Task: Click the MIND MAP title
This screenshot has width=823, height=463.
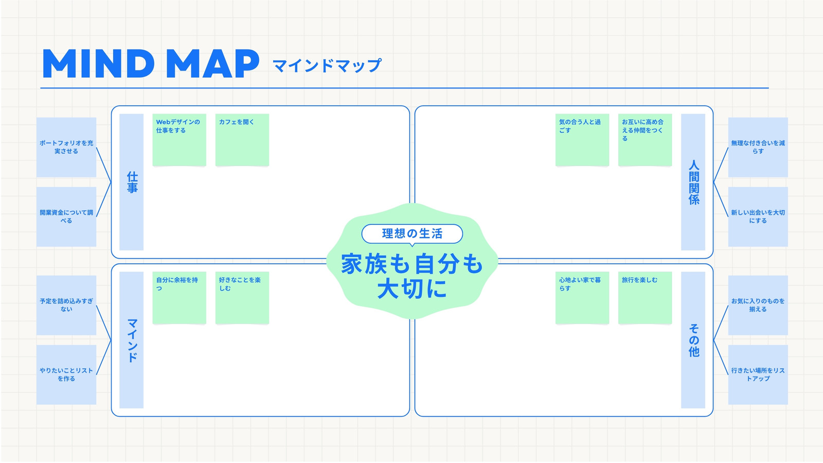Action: (151, 63)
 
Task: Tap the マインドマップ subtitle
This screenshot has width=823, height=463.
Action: (327, 65)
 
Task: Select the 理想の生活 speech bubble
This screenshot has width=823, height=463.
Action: (412, 234)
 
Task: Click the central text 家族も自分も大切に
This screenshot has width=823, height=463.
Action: (412, 276)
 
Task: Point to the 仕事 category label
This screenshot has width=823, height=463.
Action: (132, 182)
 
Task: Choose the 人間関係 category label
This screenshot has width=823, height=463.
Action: (693, 182)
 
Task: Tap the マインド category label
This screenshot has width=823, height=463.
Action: (132, 340)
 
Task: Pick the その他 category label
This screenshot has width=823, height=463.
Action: (693, 340)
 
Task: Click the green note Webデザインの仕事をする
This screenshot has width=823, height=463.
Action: (180, 140)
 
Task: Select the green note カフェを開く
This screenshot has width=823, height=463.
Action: (242, 140)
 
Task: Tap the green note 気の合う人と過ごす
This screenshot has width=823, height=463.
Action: (582, 140)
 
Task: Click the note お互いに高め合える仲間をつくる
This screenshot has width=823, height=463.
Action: (645, 140)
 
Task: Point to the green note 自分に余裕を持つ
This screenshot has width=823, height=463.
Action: (180, 298)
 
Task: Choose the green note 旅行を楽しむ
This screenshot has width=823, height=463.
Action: (645, 298)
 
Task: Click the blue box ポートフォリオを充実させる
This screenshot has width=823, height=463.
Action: (66, 147)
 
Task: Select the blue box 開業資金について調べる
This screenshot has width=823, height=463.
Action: (66, 217)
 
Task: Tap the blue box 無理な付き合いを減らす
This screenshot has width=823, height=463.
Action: (758, 147)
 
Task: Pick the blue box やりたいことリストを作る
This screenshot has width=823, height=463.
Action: (66, 375)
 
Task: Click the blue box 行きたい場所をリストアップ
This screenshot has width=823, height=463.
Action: (758, 375)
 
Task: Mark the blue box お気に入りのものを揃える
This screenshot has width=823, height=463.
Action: (758, 306)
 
